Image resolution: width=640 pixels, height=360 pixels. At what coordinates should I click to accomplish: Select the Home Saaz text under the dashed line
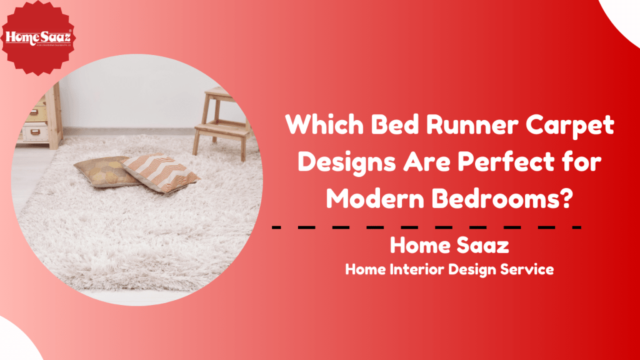tap(449, 245)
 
